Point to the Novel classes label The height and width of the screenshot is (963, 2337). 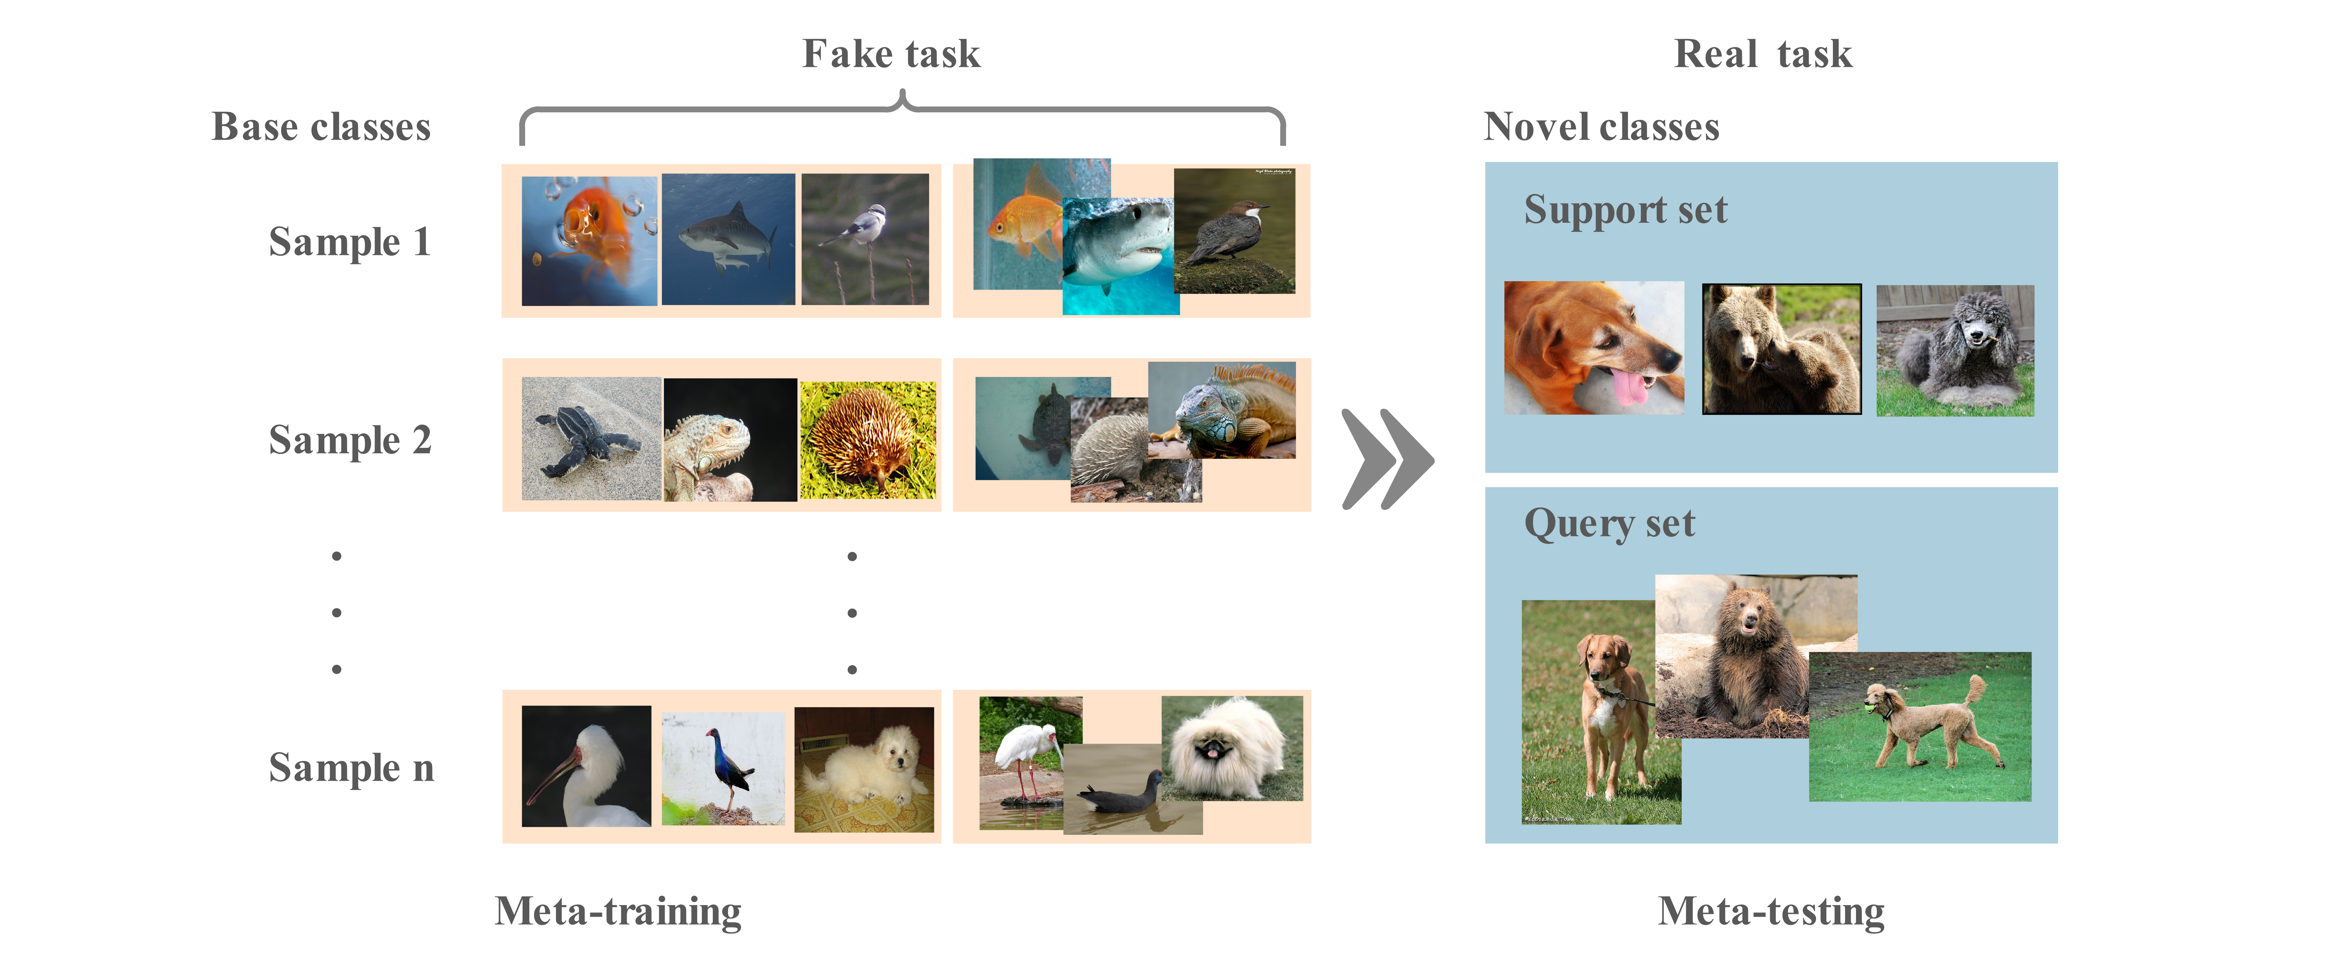coord(1601,127)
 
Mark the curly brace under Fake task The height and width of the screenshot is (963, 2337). coord(902,113)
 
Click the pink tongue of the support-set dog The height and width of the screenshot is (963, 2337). coord(1630,388)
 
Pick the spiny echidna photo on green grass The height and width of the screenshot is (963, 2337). coord(867,441)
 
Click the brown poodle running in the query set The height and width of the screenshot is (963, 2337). coord(1928,725)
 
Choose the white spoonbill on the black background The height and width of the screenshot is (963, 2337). coord(586,766)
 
